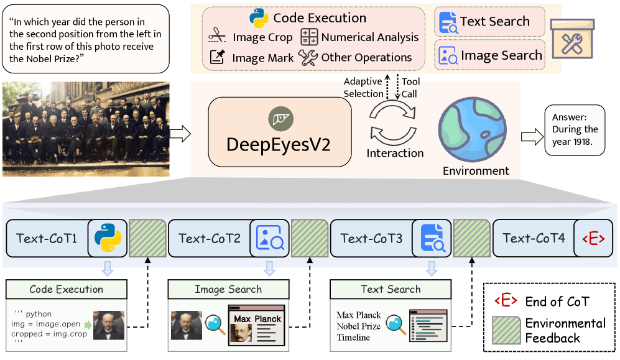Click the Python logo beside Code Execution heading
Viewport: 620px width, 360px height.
point(258,17)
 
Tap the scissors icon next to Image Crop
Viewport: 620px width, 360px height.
point(217,37)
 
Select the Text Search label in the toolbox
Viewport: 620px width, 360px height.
point(494,22)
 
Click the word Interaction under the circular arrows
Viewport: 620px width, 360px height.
point(395,153)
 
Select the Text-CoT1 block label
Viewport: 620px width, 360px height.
point(47,238)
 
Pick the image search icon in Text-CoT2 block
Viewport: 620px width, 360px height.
point(269,238)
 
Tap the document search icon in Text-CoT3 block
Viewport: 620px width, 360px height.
point(432,238)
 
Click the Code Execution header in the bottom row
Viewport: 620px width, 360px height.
point(67,289)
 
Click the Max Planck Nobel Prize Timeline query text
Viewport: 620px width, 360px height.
point(359,326)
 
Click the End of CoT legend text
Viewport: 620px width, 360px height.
point(557,301)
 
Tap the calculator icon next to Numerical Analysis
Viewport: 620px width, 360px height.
point(309,37)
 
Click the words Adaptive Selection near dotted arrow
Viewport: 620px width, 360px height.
point(364,88)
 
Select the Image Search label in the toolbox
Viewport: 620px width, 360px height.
point(501,55)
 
